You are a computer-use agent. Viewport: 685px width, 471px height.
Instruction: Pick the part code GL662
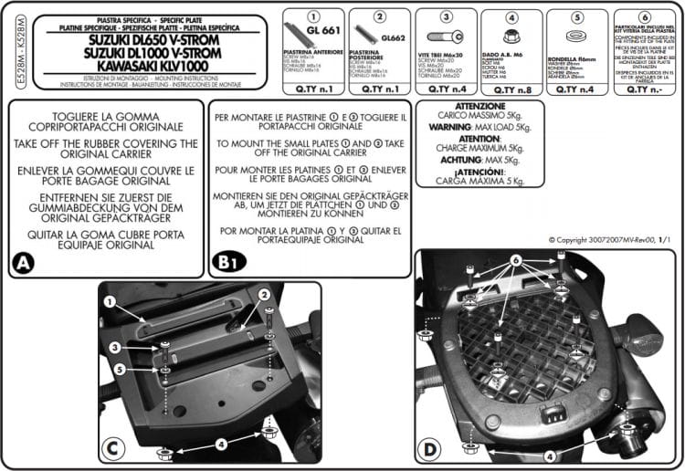coord(394,38)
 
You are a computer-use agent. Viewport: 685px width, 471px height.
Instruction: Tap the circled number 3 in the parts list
coord(446,16)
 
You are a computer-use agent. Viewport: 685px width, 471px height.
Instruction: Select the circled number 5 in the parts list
coord(576,16)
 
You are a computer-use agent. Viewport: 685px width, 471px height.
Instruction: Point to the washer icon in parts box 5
coord(576,37)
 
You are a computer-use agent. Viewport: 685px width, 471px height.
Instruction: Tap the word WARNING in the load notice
coord(449,127)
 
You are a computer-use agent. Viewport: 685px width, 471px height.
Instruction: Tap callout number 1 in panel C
coord(109,300)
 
